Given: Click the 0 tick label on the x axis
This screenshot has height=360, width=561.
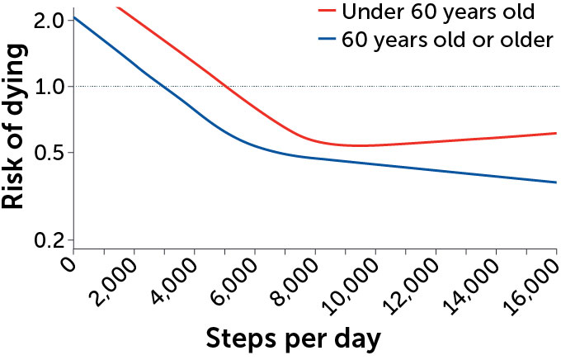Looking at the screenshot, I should (x=68, y=264).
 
